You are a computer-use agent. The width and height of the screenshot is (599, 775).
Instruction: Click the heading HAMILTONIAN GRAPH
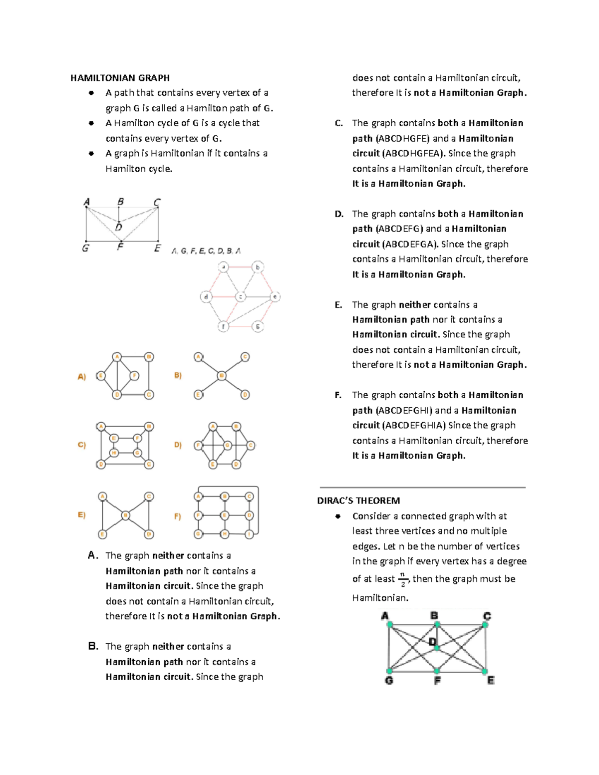tap(120, 78)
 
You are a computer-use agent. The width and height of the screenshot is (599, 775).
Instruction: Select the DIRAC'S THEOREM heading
tap(358, 501)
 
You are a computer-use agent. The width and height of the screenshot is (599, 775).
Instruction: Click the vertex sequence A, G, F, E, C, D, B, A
tap(206, 251)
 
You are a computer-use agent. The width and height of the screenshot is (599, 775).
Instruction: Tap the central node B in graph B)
tap(222, 376)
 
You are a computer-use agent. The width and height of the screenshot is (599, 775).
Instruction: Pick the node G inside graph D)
tap(228, 445)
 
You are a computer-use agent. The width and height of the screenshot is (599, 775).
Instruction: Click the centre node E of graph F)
tap(225, 515)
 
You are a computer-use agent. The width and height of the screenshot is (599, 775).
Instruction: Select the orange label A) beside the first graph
tap(82, 377)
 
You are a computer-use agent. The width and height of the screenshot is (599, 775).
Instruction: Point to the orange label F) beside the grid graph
tap(178, 517)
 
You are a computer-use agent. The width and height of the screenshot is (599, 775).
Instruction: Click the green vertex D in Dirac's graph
tap(436, 648)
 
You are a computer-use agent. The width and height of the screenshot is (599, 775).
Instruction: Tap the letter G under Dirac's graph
tap(389, 680)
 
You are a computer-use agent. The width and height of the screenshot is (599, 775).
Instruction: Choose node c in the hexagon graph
tap(241, 297)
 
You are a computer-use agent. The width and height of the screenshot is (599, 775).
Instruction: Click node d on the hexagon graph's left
tap(206, 297)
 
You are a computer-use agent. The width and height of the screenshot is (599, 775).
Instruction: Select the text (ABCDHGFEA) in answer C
tap(413, 154)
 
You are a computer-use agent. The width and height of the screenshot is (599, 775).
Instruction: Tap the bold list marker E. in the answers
tap(338, 305)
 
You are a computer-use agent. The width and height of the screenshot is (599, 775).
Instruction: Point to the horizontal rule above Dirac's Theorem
tap(422, 487)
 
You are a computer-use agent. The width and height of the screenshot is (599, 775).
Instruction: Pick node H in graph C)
tap(114, 453)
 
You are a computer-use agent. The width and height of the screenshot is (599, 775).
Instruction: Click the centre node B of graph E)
tap(126, 515)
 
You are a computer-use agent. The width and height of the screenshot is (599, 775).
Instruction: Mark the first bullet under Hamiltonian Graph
tap(91, 93)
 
